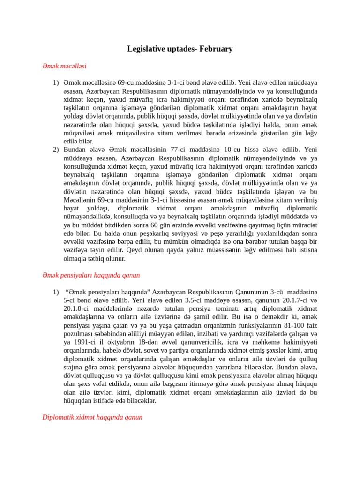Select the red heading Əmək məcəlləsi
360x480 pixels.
pyautogui.click(x=64, y=66)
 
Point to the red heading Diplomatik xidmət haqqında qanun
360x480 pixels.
pyautogui.click(x=92, y=417)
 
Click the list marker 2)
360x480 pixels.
pyautogui.click(x=56, y=150)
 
